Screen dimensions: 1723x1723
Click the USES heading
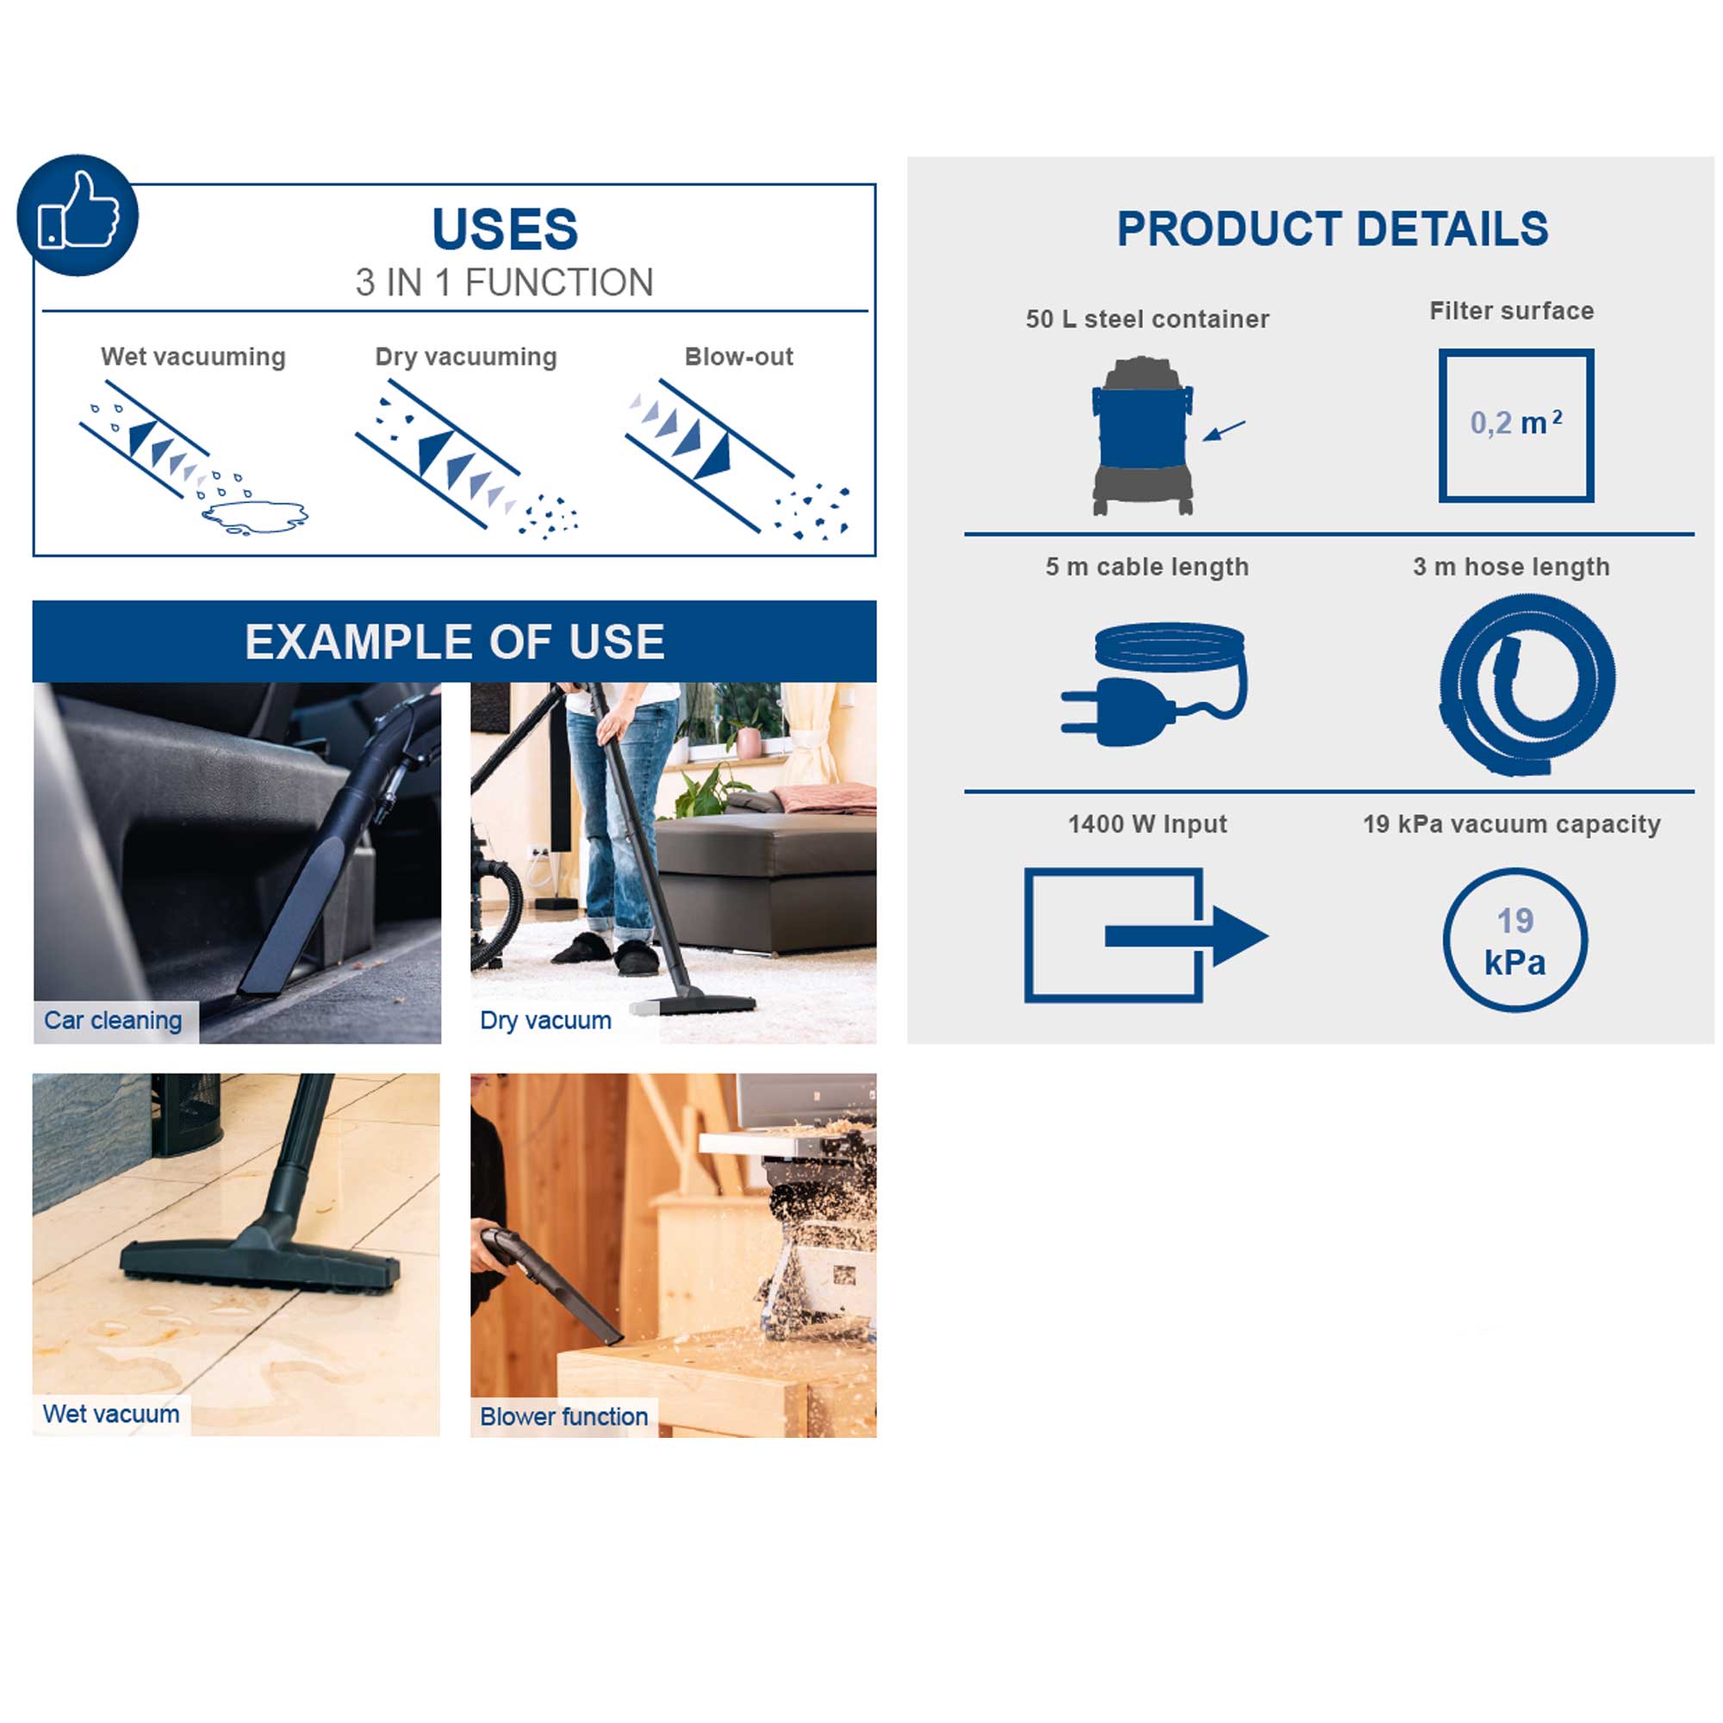tap(505, 229)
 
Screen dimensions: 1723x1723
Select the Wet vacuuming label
tap(194, 357)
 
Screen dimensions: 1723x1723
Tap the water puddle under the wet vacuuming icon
tap(255, 516)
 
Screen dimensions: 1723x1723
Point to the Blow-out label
tap(738, 357)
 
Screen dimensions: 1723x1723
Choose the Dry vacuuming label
tap(465, 357)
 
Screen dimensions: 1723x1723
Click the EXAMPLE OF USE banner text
tap(455, 641)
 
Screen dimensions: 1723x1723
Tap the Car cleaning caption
tap(113, 1020)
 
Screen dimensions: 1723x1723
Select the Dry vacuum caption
tap(546, 1020)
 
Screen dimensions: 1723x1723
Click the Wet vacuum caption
tap(111, 1414)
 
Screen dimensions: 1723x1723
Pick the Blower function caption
tap(563, 1416)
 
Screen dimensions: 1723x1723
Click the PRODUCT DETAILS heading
tap(1333, 229)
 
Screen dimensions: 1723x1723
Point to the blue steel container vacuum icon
tap(1142, 435)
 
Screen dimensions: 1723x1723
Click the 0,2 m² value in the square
tap(1516, 423)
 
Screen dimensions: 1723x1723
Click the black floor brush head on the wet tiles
tap(260, 1260)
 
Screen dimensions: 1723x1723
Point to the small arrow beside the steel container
tap(1223, 431)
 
